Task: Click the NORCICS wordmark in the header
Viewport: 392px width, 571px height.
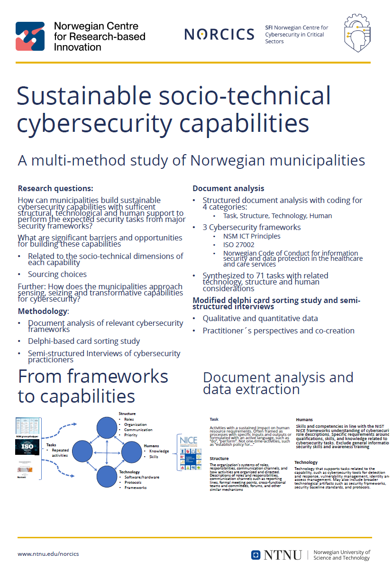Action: tap(219, 34)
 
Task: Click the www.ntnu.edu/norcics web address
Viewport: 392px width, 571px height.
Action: tap(48, 554)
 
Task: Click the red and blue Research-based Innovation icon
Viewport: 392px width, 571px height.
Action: tap(30, 36)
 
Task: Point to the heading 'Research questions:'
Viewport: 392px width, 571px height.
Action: tap(55, 188)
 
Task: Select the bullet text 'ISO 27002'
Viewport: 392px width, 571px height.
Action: tap(239, 245)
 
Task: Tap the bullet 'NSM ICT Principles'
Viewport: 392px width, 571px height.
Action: tap(252, 236)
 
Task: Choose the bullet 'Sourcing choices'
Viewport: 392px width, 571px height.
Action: tap(57, 274)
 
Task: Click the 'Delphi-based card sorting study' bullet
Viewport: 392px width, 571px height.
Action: tap(84, 341)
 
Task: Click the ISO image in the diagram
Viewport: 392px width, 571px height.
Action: tap(29, 448)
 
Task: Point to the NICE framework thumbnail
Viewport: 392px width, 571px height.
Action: tap(189, 453)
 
